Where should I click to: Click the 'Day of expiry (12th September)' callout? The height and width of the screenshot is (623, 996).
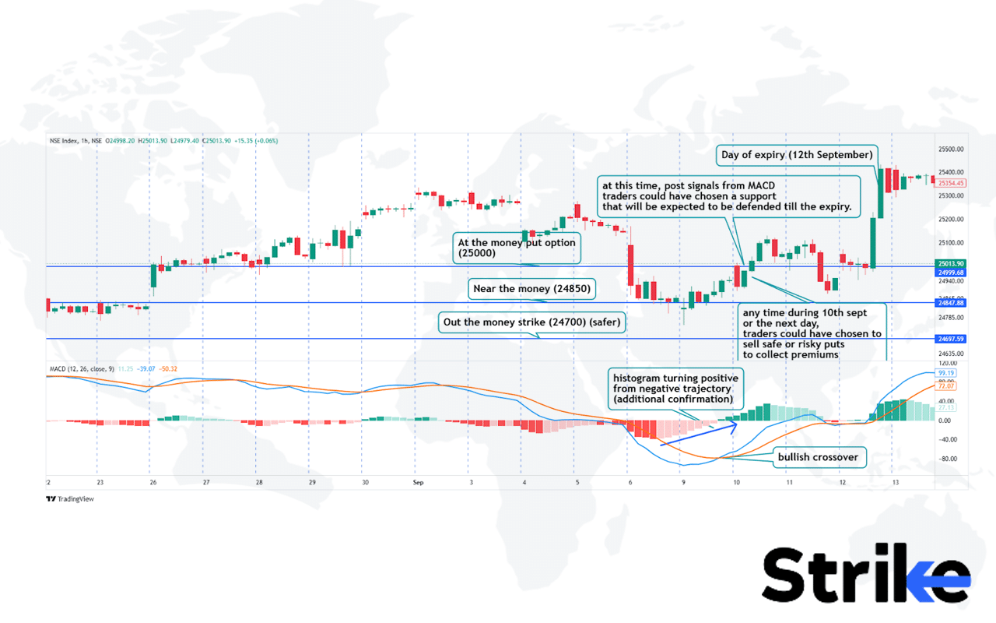coord(797,155)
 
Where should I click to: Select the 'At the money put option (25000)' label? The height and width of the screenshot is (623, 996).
coord(517,248)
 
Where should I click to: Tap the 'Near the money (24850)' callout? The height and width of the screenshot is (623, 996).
coord(532,289)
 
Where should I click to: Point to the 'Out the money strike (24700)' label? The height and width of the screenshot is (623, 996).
coord(531,322)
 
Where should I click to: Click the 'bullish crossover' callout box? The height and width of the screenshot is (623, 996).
coord(818,457)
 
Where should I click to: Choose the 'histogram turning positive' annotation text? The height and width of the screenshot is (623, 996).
coord(676,388)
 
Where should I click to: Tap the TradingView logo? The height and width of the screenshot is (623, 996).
coord(70,499)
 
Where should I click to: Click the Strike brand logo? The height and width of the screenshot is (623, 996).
coord(865,576)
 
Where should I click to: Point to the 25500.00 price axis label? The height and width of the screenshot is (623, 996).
coord(952,149)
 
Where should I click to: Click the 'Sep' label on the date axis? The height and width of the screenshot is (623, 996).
coord(417,483)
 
